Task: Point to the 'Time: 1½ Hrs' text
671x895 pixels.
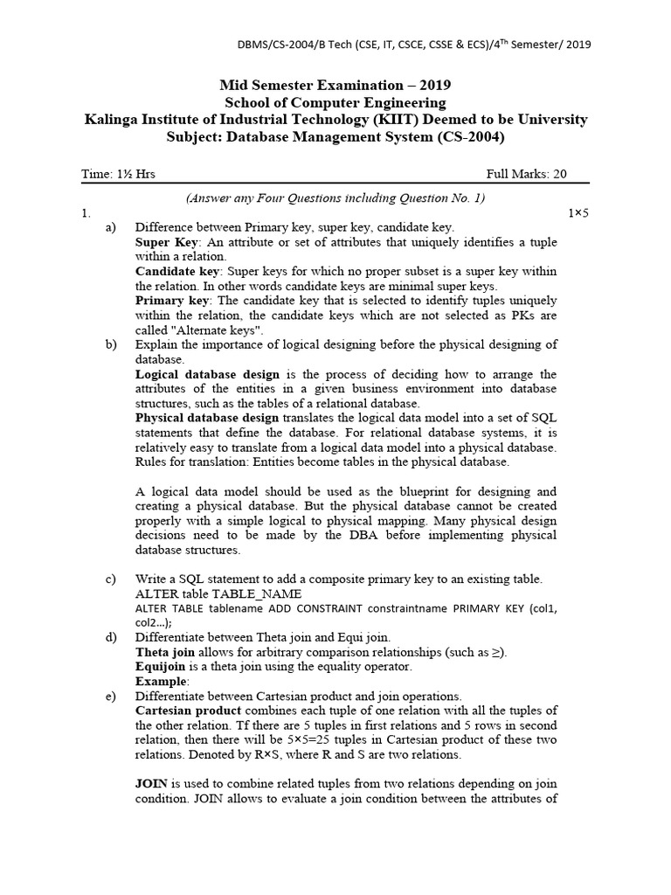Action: click(x=119, y=174)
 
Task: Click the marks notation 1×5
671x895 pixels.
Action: click(x=578, y=212)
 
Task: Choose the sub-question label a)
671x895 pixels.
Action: click(x=111, y=227)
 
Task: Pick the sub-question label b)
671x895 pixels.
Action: click(x=111, y=344)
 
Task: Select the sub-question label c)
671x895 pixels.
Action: click(x=111, y=579)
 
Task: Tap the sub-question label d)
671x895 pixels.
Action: click(x=111, y=637)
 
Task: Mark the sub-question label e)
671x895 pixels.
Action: click(x=111, y=696)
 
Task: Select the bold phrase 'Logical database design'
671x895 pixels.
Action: click(x=207, y=374)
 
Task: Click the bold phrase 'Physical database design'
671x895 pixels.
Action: click(x=207, y=418)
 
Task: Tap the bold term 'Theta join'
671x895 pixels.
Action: click(x=165, y=652)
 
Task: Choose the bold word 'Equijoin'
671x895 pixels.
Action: click(x=161, y=666)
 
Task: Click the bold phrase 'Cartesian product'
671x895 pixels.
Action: click(x=184, y=711)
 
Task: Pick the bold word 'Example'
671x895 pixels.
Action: click(x=161, y=681)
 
